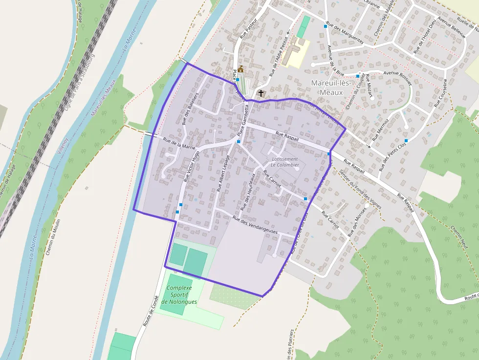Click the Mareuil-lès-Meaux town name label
point(330,87)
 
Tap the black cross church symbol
point(261,93)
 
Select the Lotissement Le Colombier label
point(284,162)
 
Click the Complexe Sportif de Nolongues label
point(181,295)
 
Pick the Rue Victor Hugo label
point(192,166)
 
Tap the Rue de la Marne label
point(179,144)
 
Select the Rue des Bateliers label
point(190,108)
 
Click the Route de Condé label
point(151,311)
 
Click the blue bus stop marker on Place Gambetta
point(239,142)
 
